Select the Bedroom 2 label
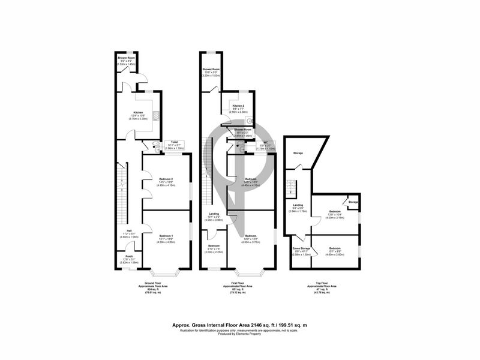pos(166,179)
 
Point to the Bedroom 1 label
pos(166,236)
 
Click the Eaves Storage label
pos(301,248)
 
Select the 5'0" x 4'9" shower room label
pos(125,58)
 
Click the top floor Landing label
pos(298,206)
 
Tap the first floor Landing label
pos(214,214)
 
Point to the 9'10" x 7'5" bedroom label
pos(214,246)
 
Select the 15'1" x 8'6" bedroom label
pos(336,248)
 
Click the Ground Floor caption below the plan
pos(155,283)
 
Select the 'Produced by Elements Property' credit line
pos(240,334)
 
